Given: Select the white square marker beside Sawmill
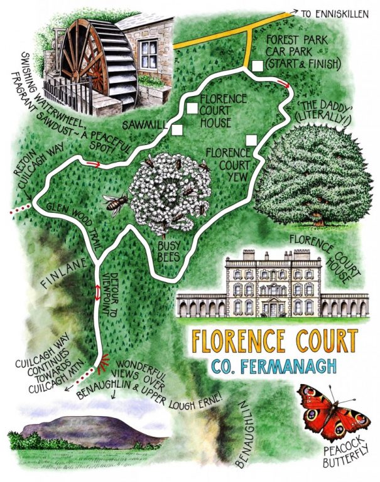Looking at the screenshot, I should click(x=177, y=129).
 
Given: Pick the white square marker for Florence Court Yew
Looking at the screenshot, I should click(x=251, y=139).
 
